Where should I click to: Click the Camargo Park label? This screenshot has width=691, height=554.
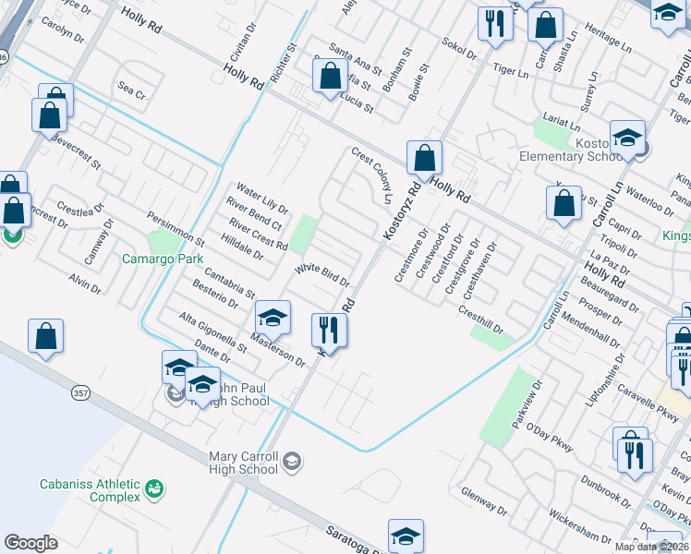pyautogui.click(x=163, y=259)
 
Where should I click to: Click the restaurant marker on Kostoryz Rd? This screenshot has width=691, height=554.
pyautogui.click(x=329, y=330)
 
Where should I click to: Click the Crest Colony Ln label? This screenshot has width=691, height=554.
pyautogui.click(x=371, y=175)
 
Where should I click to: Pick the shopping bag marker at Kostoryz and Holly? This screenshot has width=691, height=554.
pyautogui.click(x=425, y=158)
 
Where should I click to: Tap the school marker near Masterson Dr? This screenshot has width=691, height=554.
pyautogui.click(x=273, y=319)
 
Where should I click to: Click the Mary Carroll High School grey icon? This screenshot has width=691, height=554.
pyautogui.click(x=292, y=461)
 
